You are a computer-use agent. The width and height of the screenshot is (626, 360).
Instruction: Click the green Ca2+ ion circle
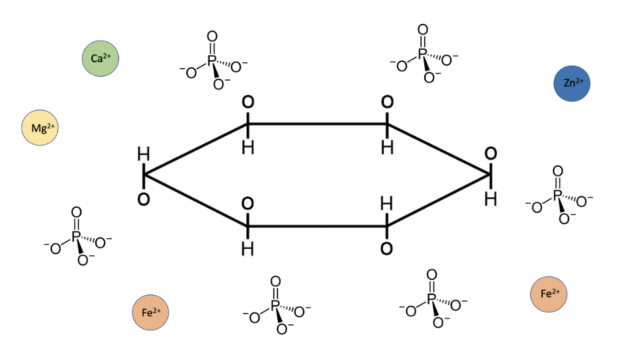(101, 58)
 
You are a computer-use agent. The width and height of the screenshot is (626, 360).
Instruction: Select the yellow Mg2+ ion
(40, 128)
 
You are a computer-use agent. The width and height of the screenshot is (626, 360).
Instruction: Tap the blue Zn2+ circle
(572, 83)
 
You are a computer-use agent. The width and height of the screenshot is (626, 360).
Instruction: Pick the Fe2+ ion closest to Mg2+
(151, 312)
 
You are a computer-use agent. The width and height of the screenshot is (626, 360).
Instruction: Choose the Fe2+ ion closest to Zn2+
(549, 293)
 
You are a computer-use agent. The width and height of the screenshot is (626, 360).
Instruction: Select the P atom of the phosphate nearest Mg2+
(75, 237)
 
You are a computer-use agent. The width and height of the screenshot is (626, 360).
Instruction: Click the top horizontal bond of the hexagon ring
(318, 124)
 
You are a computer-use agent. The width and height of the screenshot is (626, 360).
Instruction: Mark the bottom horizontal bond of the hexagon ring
(318, 226)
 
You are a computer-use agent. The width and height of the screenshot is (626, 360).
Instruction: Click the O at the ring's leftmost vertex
(143, 198)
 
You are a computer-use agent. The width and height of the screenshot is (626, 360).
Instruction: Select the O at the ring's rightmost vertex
(490, 154)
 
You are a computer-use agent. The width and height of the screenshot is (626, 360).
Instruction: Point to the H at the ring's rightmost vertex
(490, 198)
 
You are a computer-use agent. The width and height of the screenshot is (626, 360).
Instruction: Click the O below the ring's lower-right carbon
(387, 249)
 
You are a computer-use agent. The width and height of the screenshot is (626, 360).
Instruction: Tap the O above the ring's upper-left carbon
(247, 103)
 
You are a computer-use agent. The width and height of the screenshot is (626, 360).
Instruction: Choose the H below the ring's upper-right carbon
(387, 147)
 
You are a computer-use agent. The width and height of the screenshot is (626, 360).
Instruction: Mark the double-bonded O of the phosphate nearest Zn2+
(557, 171)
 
